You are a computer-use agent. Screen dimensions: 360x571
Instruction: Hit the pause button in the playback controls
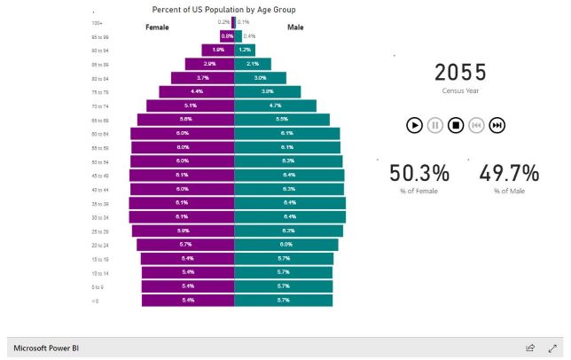click(x=434, y=125)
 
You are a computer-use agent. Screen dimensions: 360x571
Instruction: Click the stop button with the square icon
click(x=456, y=125)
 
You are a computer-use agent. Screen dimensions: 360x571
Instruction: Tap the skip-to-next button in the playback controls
click(x=497, y=125)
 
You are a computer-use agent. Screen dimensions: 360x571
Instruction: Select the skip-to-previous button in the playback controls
click(x=476, y=125)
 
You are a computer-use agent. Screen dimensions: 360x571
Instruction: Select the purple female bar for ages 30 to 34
click(x=182, y=216)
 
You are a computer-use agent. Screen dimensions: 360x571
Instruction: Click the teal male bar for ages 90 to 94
click(x=245, y=50)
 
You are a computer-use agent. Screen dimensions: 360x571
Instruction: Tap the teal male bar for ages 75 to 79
click(x=267, y=91)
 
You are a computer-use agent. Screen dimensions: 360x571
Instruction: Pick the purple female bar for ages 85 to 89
click(x=209, y=64)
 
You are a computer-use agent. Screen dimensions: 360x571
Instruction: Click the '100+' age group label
click(x=97, y=22)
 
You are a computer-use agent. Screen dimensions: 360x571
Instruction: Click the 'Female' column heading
click(x=157, y=27)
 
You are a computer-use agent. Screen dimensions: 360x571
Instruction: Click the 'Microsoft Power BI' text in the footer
click(x=48, y=348)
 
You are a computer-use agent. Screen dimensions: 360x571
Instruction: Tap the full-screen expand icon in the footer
click(x=551, y=348)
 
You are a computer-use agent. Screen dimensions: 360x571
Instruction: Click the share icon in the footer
click(x=530, y=348)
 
